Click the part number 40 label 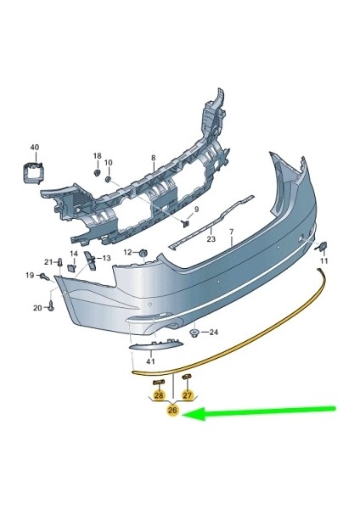tap(34, 147)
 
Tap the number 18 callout tap(97, 157)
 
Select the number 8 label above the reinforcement tap(154, 159)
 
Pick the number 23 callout tap(211, 241)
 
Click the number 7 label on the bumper tap(229, 232)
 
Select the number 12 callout tap(127, 252)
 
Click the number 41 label tap(140, 363)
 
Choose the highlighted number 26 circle tap(172, 411)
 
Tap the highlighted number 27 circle tap(188, 394)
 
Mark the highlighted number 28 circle tap(158, 394)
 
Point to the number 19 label tap(29, 275)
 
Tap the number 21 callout tap(48, 261)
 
